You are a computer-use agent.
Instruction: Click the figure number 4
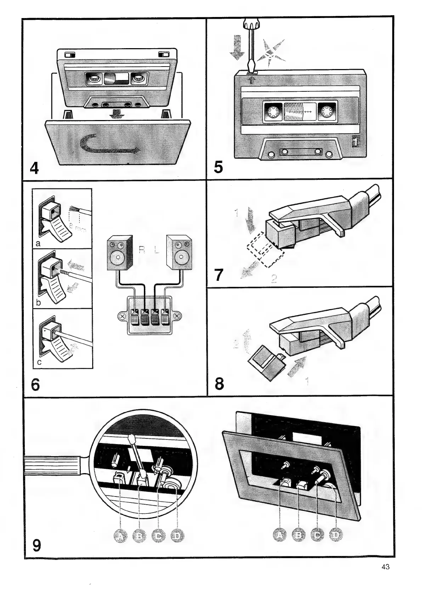tap(34, 168)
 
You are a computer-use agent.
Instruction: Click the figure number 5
tap(219, 166)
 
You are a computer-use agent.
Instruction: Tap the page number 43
tap(386, 567)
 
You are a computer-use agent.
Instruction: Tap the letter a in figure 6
tap(38, 243)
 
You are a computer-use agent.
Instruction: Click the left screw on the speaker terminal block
tap(123, 316)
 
